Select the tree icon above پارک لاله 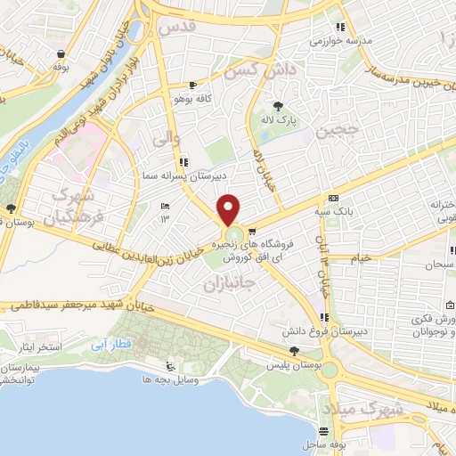(x=285, y=104)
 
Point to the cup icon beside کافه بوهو (x=192, y=85)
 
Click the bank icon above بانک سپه (x=333, y=198)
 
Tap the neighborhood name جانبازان (x=230, y=284)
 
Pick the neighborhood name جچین (x=336, y=134)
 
